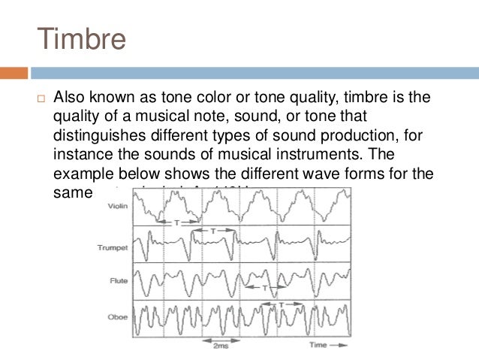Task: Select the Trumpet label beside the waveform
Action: [113, 246]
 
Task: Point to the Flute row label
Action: [118, 280]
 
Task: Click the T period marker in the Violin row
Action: [176, 222]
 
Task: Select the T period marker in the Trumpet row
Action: [212, 231]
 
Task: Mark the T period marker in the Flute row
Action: [264, 288]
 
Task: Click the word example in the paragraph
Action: [87, 174]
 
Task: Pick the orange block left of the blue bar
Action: [14, 73]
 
